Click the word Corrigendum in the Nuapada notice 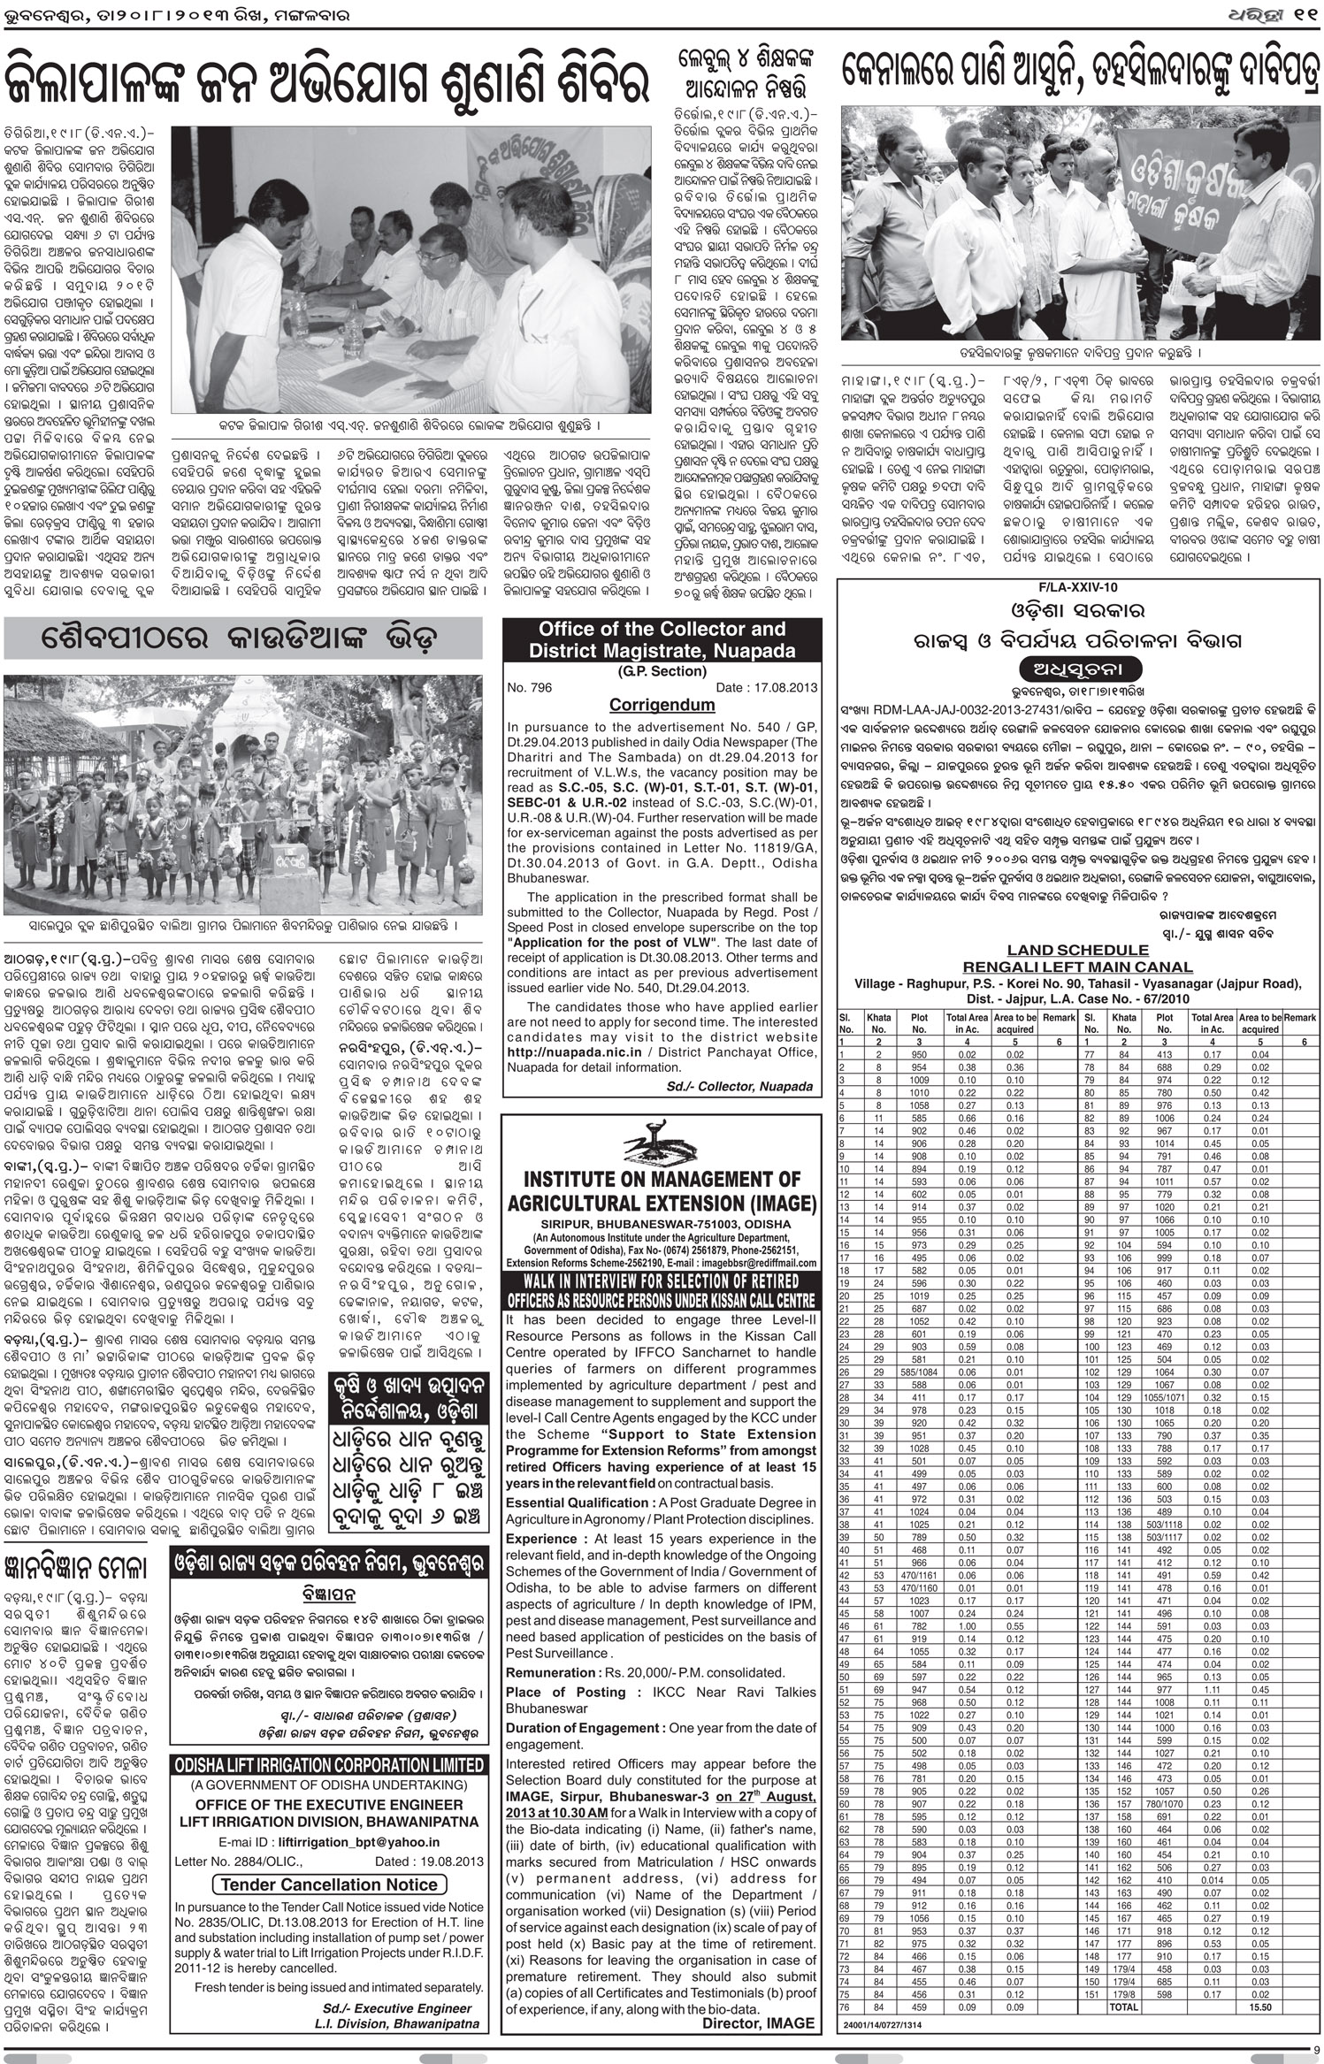point(660,705)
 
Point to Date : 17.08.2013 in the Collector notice point(767,687)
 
